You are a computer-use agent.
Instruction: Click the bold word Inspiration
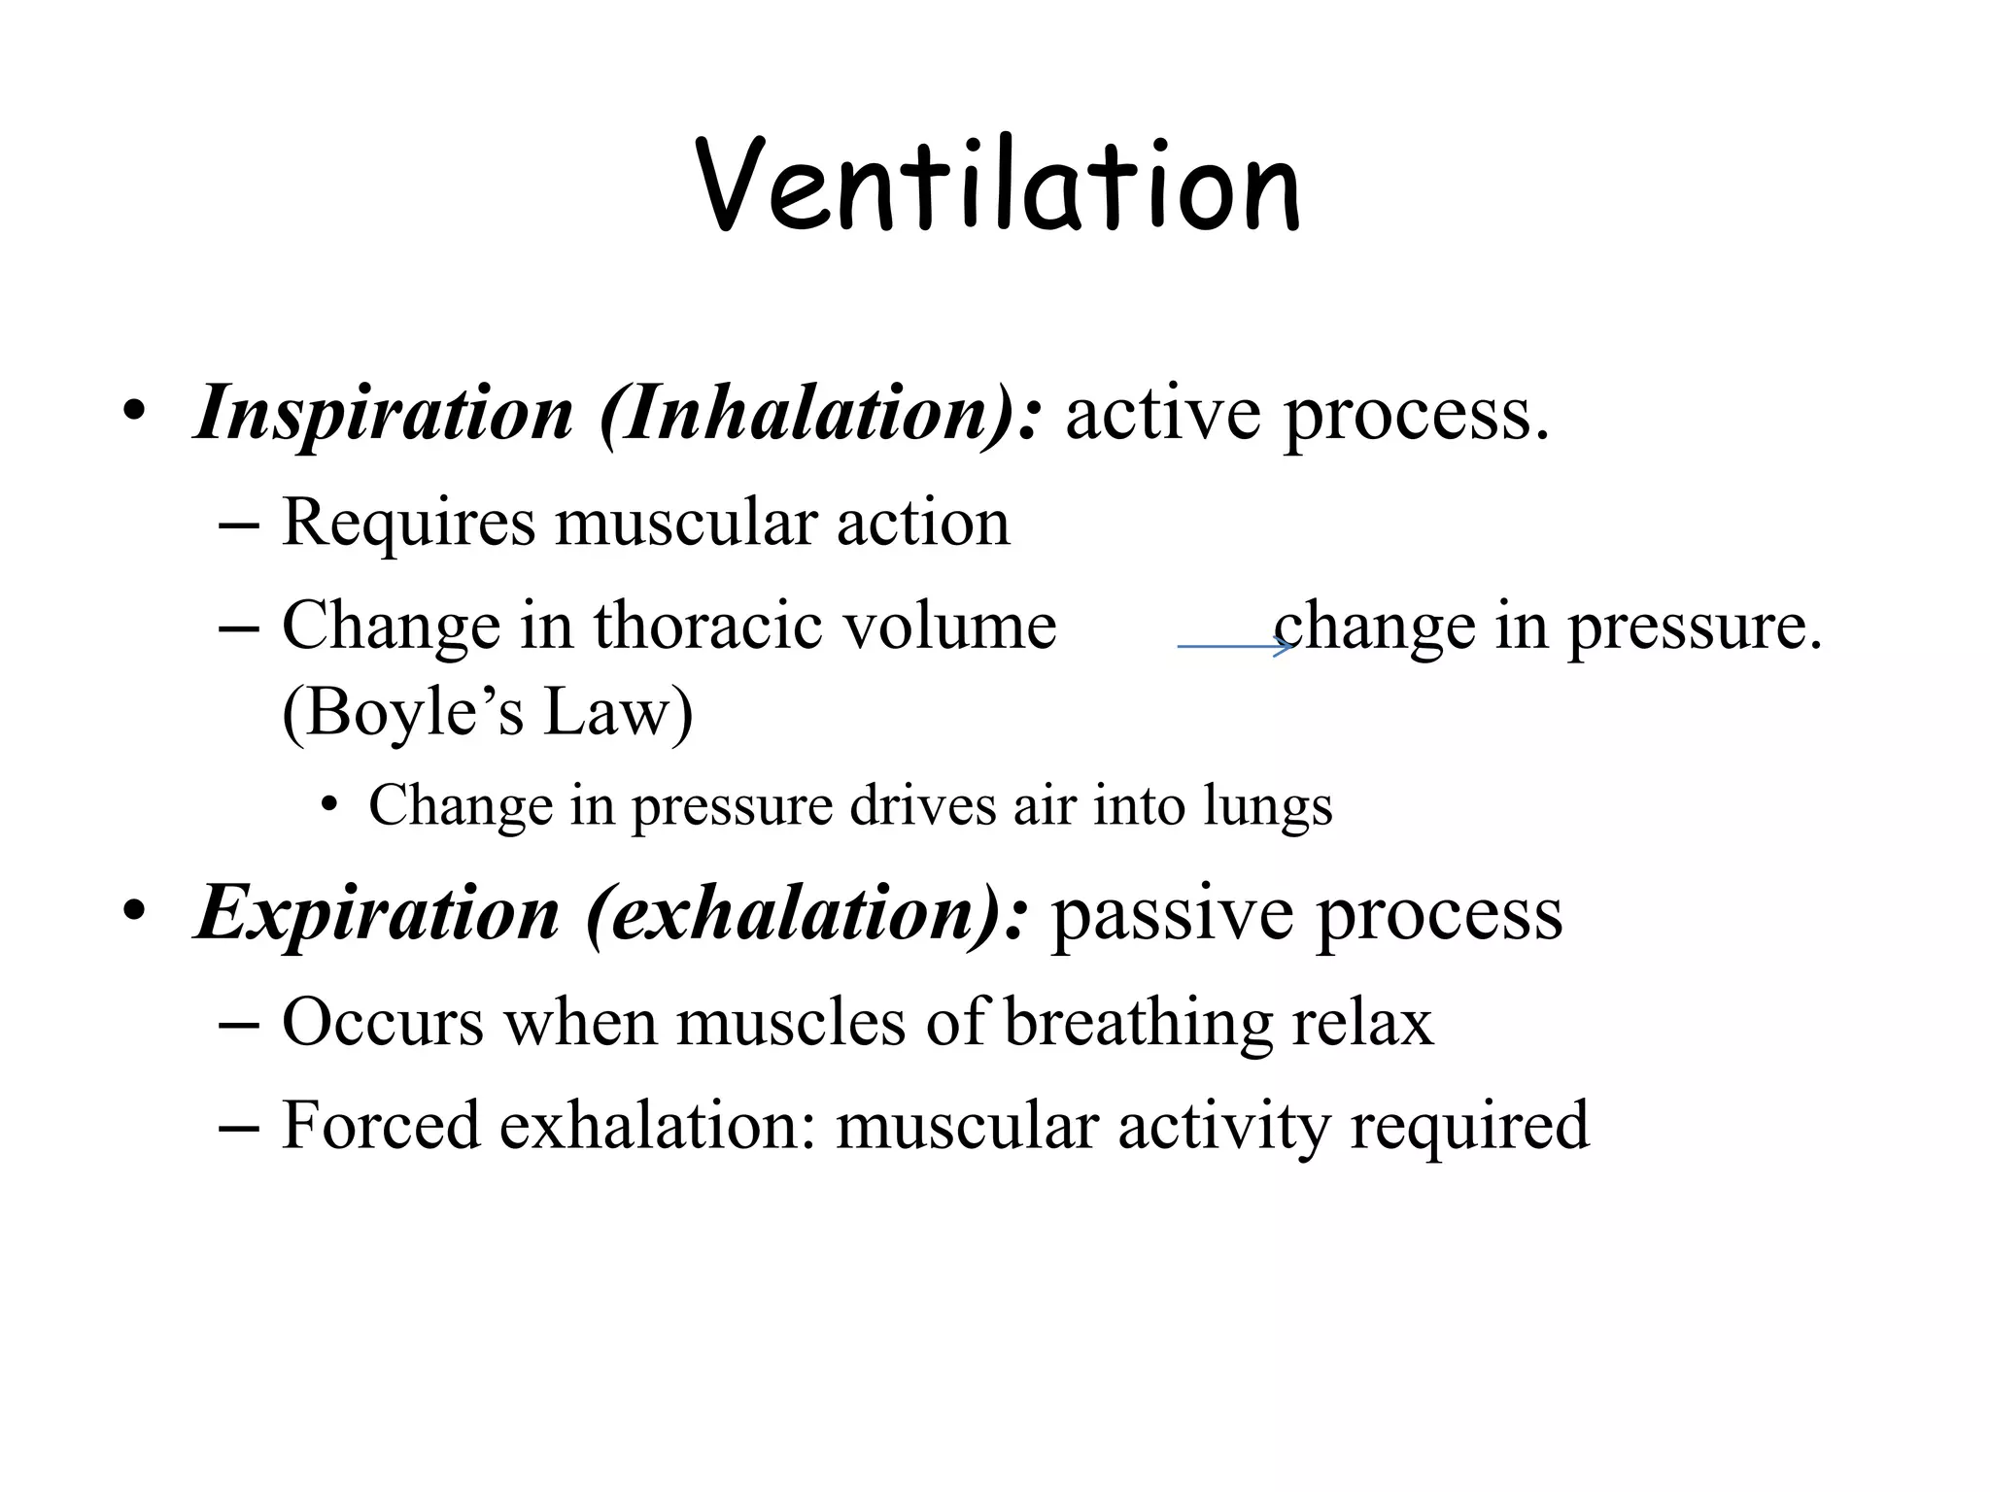(384, 415)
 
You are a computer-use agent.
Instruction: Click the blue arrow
(1234, 646)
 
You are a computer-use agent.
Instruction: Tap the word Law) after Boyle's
(618, 714)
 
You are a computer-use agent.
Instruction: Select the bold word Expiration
(378, 915)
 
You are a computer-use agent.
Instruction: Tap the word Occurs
(383, 1023)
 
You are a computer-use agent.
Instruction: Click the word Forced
(381, 1127)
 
